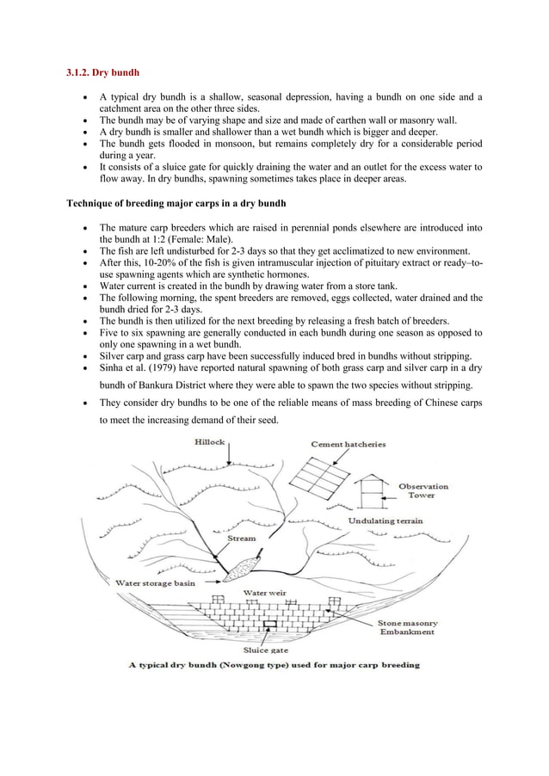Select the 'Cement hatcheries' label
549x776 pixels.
click(x=348, y=445)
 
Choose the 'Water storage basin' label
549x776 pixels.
click(x=156, y=582)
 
